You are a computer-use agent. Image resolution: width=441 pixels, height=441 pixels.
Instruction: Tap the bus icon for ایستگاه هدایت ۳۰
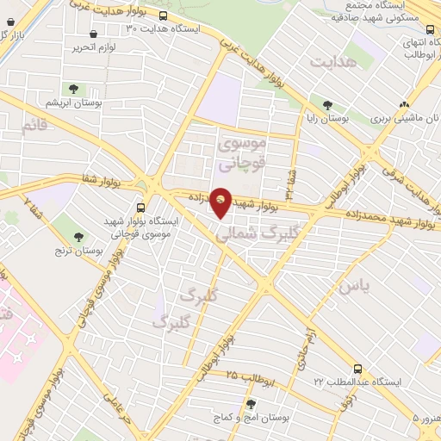[x=164, y=16]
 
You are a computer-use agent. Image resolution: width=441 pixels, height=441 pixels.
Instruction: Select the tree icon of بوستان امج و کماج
[x=251, y=403]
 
